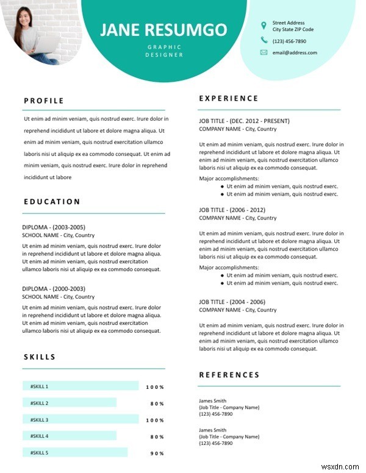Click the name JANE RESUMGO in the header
[163, 30]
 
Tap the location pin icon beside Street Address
[264, 26]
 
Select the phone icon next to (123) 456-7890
[264, 40]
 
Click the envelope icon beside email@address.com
[264, 52]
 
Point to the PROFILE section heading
[44, 101]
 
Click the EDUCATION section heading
[52, 201]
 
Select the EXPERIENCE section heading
[229, 98]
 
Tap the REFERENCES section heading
[229, 375]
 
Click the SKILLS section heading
[40, 357]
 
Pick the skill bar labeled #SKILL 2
[69, 403]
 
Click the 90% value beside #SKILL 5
[157, 453]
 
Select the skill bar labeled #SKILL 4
[69, 436]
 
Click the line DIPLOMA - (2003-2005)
[54, 227]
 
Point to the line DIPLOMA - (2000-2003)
[54, 288]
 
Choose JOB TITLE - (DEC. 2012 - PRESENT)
[244, 121]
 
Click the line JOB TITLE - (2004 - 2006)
[232, 302]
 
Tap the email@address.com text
[295, 53]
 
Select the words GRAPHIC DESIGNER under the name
[164, 51]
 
